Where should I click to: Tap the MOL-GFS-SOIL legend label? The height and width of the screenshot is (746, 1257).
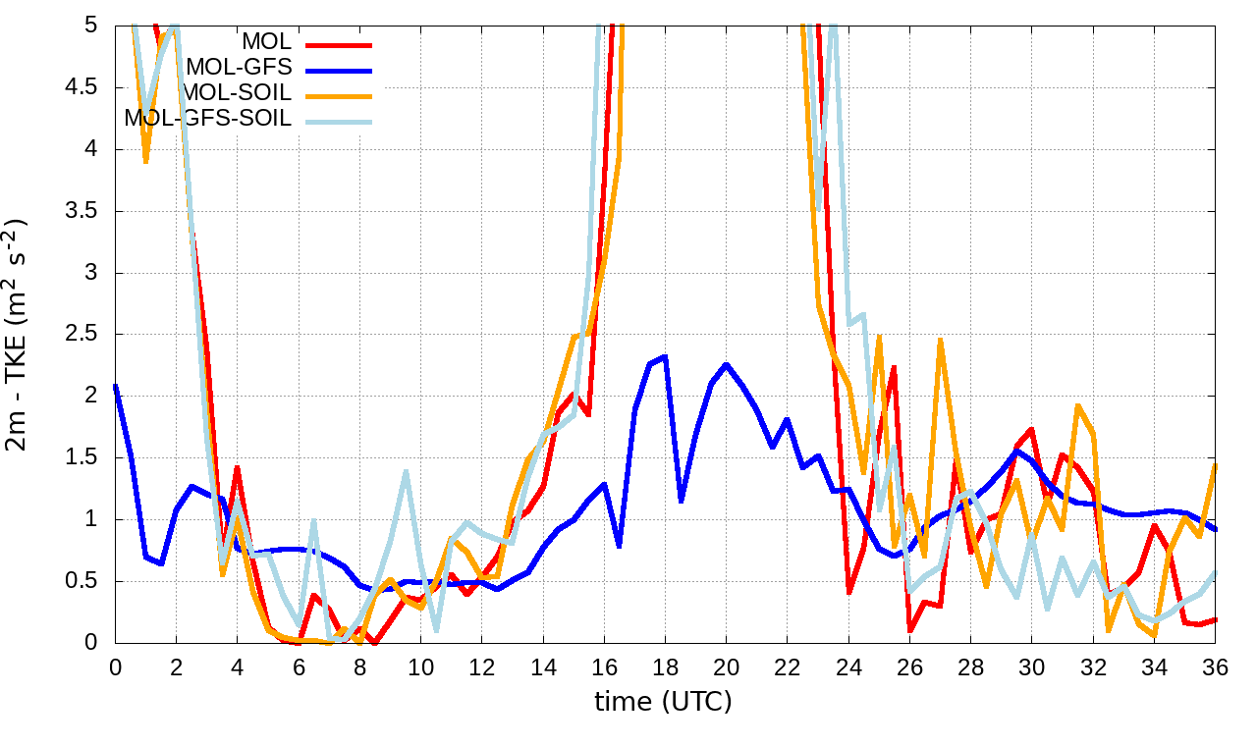click(208, 119)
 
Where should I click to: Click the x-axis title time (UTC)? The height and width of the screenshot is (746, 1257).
click(664, 701)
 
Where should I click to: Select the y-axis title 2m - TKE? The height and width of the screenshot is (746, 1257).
click(18, 335)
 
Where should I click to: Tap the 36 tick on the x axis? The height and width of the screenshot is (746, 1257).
click(1216, 666)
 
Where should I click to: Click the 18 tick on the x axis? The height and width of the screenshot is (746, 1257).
click(666, 666)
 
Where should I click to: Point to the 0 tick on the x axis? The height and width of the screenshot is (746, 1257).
click(115, 666)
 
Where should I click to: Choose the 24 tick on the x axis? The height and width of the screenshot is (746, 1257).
click(848, 666)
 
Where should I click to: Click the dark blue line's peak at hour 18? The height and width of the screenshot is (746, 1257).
click(665, 356)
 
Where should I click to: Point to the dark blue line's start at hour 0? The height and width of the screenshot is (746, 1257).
click(116, 385)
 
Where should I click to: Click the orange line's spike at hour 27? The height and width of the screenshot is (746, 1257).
click(940, 340)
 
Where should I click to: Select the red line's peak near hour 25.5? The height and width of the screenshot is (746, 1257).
click(895, 367)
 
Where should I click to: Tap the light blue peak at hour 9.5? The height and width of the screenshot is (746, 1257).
click(406, 471)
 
